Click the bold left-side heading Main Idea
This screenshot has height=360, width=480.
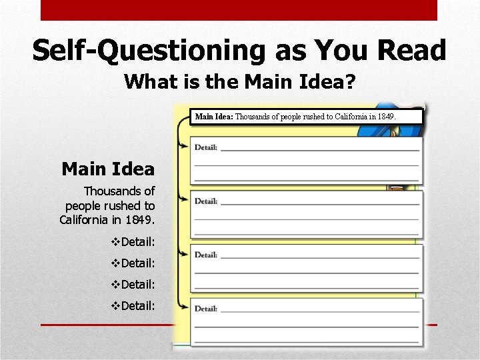coord(107,169)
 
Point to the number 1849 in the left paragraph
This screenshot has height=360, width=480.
coord(139,220)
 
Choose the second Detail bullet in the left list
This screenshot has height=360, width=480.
coord(133,263)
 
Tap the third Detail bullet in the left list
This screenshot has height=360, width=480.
coord(133,285)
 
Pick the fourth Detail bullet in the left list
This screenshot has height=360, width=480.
coord(133,306)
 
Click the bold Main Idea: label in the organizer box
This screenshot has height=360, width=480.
coord(213,117)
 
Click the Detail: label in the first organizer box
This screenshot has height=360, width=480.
coord(206,147)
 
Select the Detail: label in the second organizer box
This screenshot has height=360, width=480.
coord(206,201)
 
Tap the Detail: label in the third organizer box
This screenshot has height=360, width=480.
coord(206,255)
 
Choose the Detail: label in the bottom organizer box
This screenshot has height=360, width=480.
coord(206,309)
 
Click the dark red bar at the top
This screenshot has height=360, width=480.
coord(239,10)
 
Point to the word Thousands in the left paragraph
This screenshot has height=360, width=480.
coord(119,191)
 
